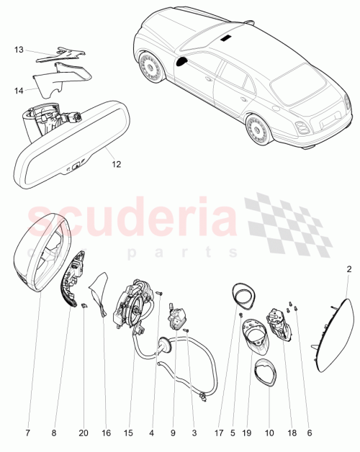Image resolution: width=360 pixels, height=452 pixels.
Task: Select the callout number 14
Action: click(x=19, y=90)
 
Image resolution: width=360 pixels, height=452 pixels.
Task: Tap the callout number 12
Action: click(x=116, y=163)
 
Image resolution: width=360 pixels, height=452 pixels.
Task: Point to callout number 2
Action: click(x=349, y=269)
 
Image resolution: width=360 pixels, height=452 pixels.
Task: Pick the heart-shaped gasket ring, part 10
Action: click(x=265, y=374)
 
